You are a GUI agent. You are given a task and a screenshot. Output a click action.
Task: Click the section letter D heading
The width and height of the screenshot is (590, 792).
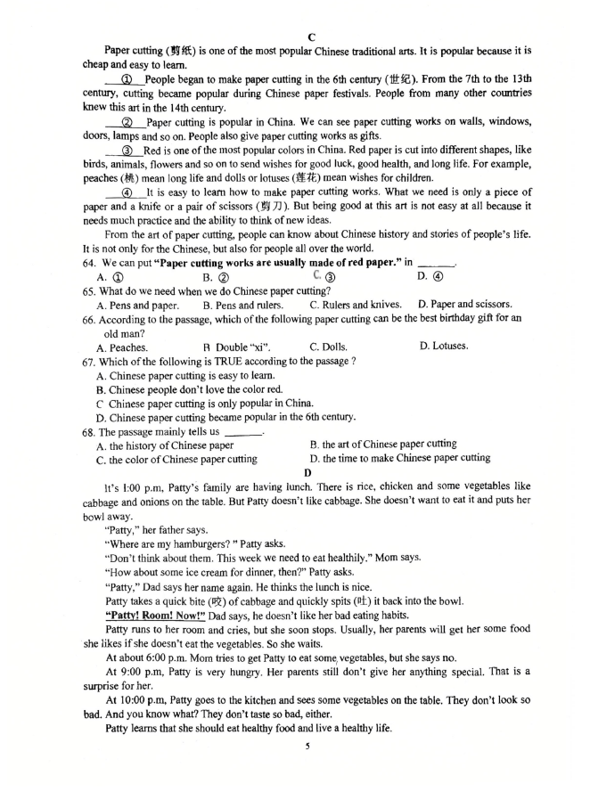(x=307, y=472)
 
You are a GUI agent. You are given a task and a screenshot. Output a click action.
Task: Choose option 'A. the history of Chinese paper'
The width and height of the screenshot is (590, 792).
(x=165, y=445)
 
